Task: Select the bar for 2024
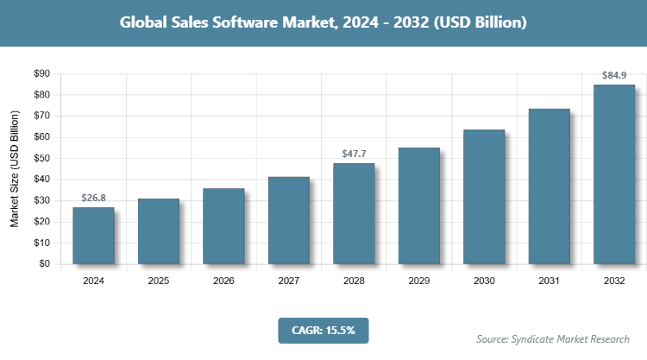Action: click(93, 236)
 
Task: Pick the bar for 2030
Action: click(484, 197)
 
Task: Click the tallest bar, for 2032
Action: click(614, 174)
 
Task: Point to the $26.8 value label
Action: click(93, 198)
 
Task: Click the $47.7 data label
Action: click(354, 154)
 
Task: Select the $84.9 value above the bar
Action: click(614, 75)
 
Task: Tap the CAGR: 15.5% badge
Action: click(323, 330)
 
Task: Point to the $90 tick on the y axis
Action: click(41, 73)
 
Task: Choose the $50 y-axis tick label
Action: click(41, 158)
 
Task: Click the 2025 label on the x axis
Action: click(159, 281)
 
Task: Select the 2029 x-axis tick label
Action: click(419, 281)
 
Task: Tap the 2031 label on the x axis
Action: click(550, 281)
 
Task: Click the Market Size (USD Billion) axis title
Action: click(15, 168)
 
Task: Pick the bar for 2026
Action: click(223, 226)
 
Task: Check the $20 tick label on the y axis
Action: click(41, 222)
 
